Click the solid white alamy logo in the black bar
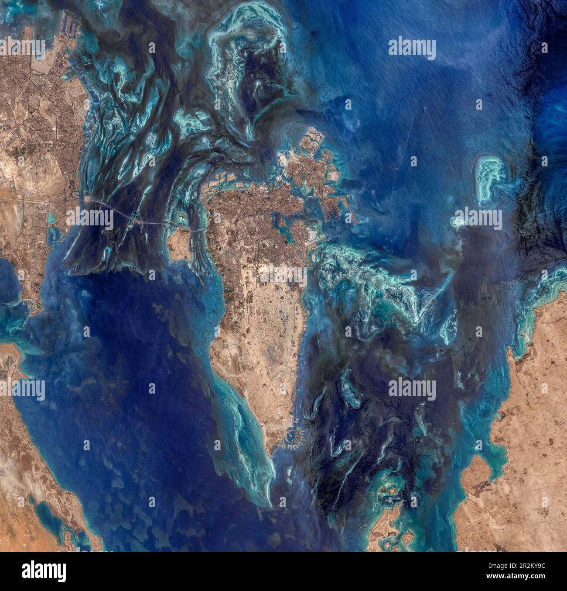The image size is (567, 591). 42,571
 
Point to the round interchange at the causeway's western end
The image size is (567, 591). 89,199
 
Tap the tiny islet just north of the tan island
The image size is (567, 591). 181,216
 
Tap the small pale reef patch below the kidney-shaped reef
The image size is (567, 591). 458,222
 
